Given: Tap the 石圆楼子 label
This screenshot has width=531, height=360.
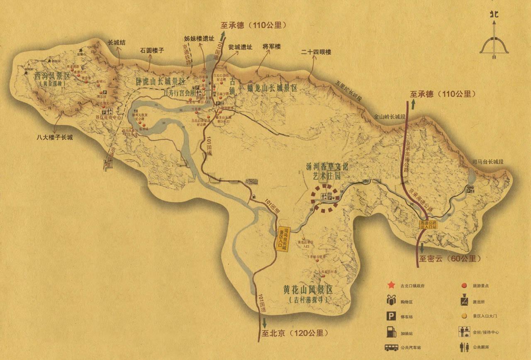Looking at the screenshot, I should click(152, 51).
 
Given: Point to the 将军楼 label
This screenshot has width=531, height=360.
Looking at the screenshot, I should click(272, 46).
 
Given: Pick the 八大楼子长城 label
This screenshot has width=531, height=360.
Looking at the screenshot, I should click(54, 137).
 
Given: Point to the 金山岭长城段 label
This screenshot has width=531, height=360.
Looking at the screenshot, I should click(390, 117).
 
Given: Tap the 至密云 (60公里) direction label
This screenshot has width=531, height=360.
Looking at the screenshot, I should click(449, 258).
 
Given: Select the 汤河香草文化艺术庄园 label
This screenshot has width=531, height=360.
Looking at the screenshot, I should click(326, 171).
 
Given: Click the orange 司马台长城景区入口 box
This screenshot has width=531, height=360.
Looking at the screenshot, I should click(283, 235).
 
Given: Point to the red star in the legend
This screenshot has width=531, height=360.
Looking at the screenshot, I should click(390, 285).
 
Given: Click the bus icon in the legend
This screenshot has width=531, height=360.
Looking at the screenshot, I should click(390, 348).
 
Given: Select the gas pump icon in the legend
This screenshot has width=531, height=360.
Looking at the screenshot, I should click(390, 332).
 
